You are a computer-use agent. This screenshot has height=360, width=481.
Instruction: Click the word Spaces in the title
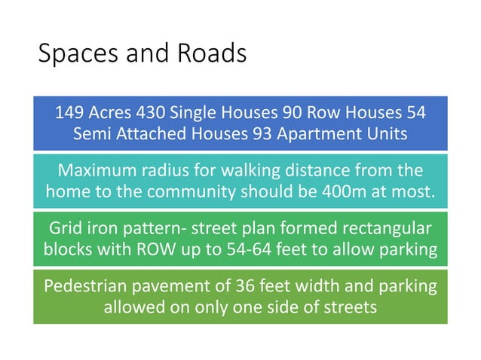(69, 54)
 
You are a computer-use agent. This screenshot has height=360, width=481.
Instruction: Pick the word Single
(194, 114)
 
